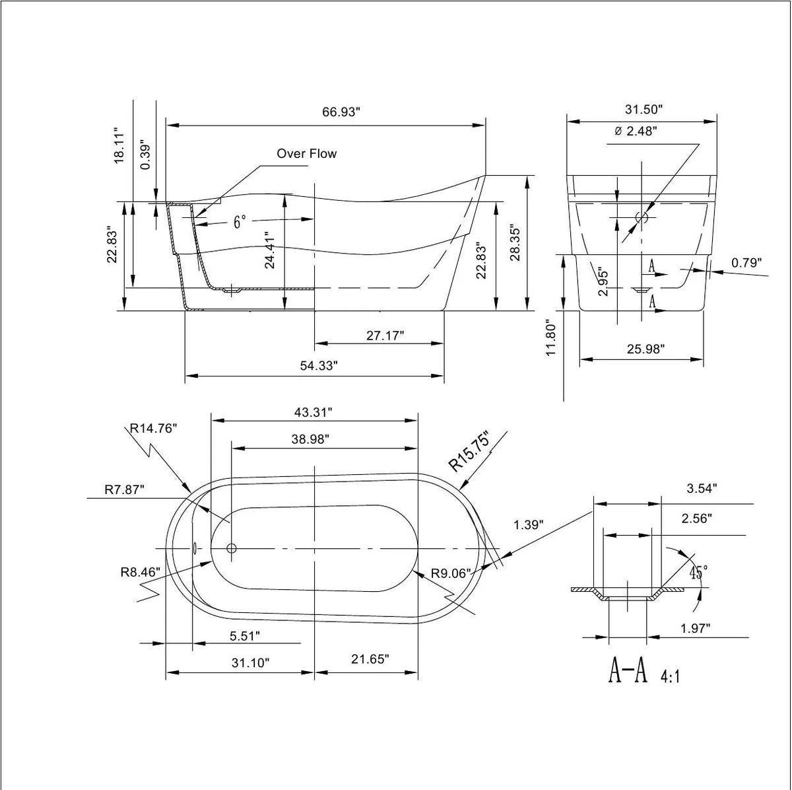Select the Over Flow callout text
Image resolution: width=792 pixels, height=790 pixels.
pos(306,154)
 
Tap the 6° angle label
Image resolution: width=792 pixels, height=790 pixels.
pos(240,222)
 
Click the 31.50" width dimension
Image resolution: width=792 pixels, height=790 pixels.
pos(643,109)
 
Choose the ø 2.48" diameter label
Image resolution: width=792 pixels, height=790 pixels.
pos(635,131)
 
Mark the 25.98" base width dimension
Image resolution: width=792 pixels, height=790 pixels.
pos(645,349)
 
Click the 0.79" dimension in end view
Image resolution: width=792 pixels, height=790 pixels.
pos(746,263)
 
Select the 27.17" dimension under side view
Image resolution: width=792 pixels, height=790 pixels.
pos(385,336)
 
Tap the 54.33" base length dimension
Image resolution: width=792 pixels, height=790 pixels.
pos(319,366)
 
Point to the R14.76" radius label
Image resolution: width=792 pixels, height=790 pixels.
pos(153,428)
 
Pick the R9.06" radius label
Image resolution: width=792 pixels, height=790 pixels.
pos(451,573)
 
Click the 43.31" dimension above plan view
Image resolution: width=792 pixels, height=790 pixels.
pos(313,412)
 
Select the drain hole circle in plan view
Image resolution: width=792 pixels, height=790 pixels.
pos(231,548)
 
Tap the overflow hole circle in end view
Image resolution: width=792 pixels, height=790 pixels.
pos(642,216)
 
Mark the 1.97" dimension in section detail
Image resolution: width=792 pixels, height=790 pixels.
pos(695,629)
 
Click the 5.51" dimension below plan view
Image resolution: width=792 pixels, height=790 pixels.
pos(244,636)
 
